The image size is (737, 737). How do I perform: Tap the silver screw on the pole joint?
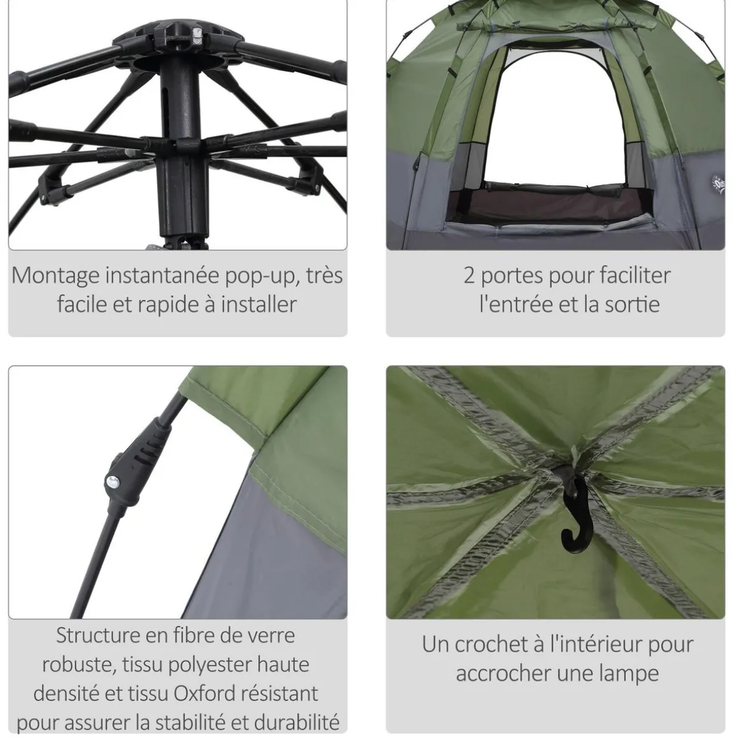(x=114, y=481)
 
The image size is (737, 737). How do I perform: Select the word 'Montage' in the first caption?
(x=55, y=275)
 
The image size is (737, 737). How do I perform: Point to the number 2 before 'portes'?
(x=469, y=275)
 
